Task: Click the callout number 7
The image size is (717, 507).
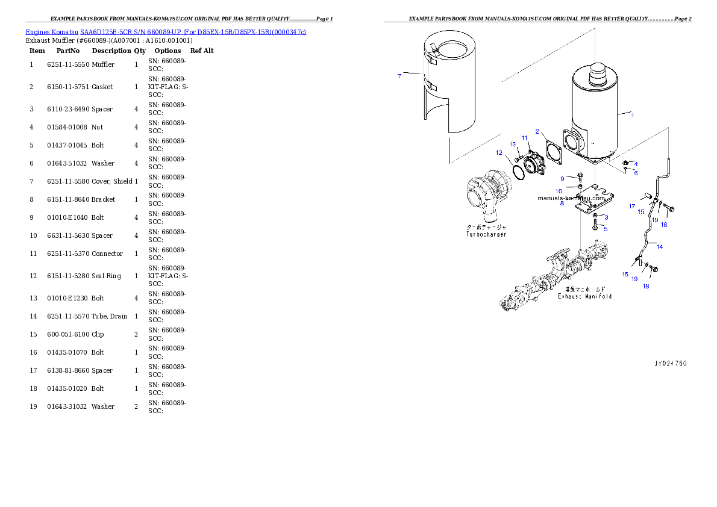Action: click(399, 76)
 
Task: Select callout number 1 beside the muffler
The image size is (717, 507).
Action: click(632, 114)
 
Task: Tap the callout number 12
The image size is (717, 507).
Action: click(499, 153)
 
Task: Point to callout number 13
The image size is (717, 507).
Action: click(513, 144)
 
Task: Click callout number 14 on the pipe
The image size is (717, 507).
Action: click(659, 246)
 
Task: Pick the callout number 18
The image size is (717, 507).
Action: click(646, 286)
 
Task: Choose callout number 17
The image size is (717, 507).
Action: click(632, 207)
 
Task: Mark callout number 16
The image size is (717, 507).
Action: click(664, 225)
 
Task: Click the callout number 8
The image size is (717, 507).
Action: click(562, 204)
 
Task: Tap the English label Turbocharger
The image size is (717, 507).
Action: click(486, 234)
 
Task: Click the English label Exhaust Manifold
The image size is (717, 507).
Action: click(584, 296)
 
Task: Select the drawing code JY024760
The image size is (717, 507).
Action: click(670, 363)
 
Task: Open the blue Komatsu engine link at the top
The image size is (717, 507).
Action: click(166, 31)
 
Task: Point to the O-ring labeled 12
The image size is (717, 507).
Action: click(518, 172)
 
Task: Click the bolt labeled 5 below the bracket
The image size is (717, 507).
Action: click(595, 225)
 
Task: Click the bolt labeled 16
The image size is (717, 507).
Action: click(669, 208)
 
